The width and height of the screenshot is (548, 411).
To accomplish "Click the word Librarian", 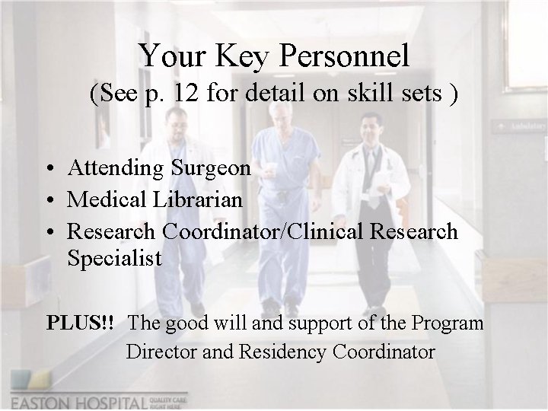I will point(199,200).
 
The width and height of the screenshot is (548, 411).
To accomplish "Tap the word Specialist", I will point(114,258).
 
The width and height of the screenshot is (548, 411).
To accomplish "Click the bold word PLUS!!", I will point(80,323).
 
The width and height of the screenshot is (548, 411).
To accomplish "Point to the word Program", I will point(447,323).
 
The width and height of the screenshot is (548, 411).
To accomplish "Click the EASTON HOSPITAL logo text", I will point(80,401).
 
